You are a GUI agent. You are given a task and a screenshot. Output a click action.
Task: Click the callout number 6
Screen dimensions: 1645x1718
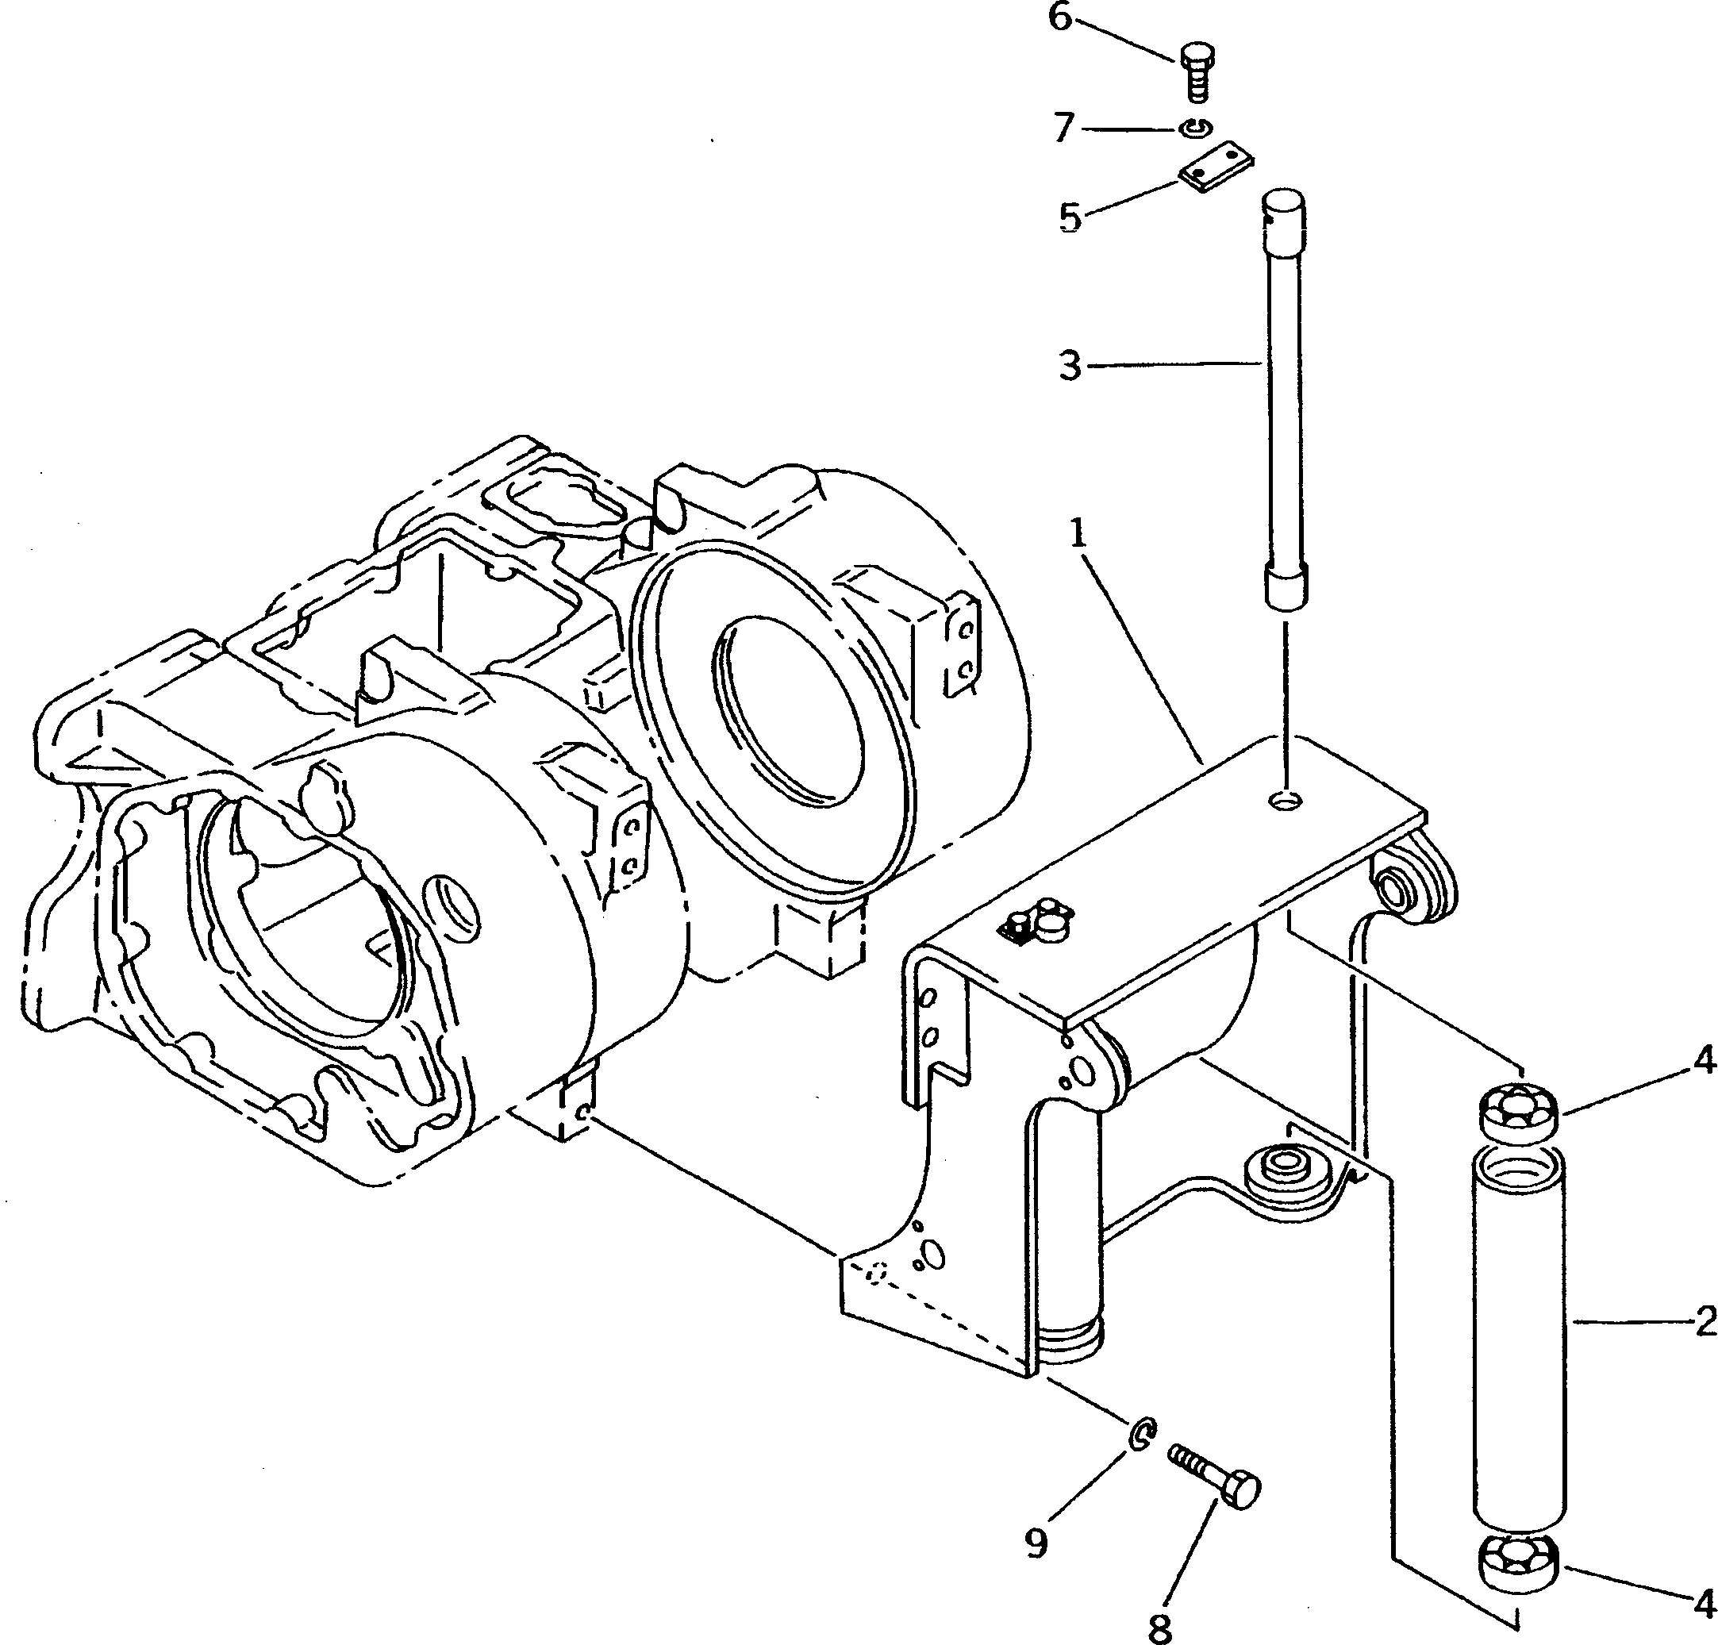tap(1061, 18)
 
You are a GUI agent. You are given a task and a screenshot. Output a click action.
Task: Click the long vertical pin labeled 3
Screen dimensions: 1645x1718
tap(1285, 394)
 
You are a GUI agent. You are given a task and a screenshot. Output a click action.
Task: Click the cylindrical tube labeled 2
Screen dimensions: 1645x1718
tap(1519, 1341)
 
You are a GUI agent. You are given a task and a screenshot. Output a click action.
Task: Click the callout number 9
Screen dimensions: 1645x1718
tap(1037, 1543)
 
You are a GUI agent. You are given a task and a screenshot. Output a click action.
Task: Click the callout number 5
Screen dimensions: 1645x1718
tap(1070, 217)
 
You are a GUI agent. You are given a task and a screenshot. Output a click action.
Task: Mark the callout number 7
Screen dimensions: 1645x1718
tap(1064, 129)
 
